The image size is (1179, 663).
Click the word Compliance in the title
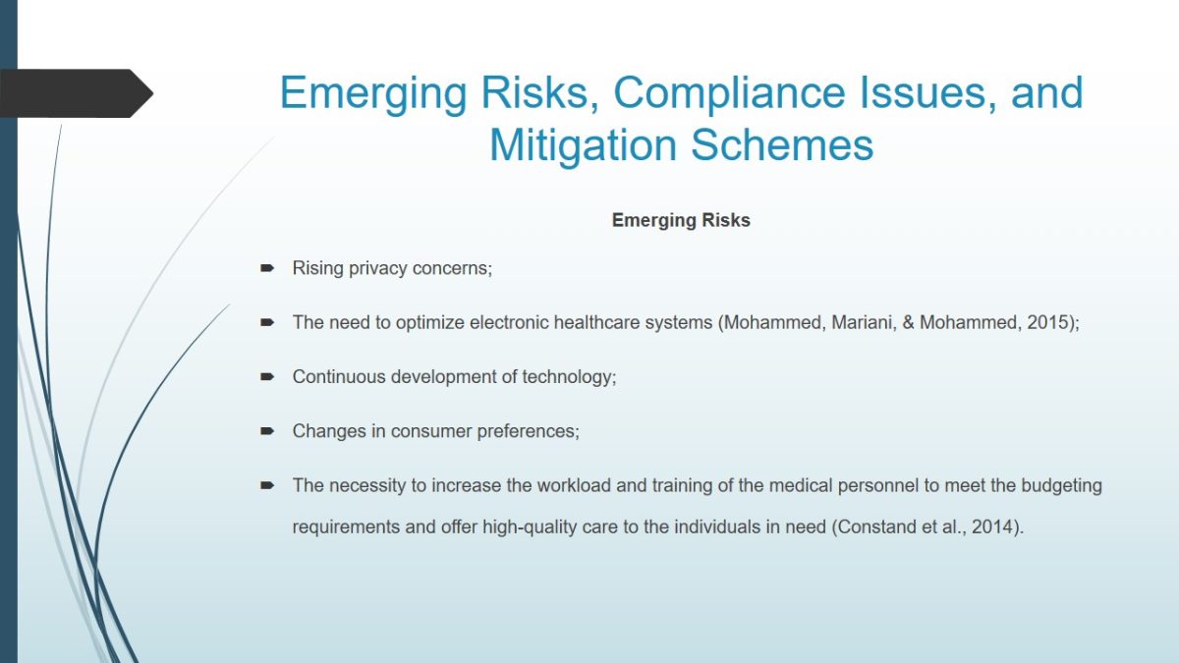tap(729, 93)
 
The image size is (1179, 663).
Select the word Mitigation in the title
tap(583, 145)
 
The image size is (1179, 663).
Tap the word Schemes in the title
tap(782, 145)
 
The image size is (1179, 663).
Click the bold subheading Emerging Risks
tap(681, 220)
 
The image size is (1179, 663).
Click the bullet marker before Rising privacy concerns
tap(267, 268)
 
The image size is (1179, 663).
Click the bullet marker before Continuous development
tap(267, 377)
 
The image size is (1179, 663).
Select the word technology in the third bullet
tap(569, 377)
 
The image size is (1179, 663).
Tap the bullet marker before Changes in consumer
tap(267, 431)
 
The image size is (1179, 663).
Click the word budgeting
tap(1061, 485)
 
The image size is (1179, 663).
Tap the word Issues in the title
tap(927, 93)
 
